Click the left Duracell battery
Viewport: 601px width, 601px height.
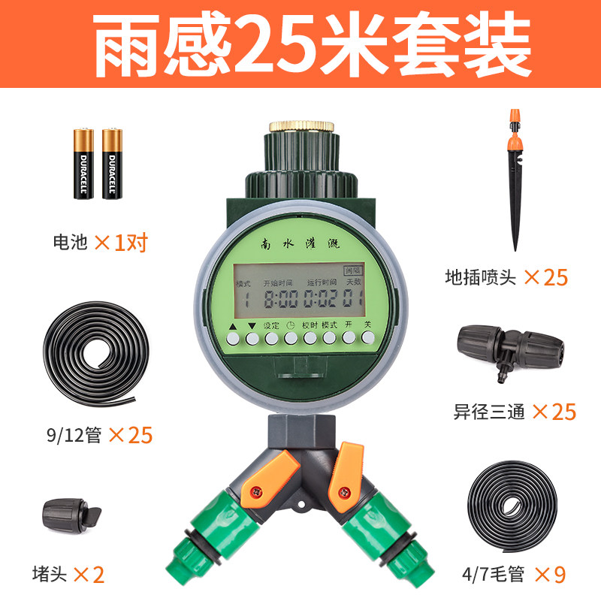pyautogui.click(x=83, y=163)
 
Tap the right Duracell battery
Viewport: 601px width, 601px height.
pyautogui.click(x=112, y=163)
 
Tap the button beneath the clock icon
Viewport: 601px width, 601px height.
pyautogui.click(x=290, y=339)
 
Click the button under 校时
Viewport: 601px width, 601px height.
pyautogui.click(x=310, y=339)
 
